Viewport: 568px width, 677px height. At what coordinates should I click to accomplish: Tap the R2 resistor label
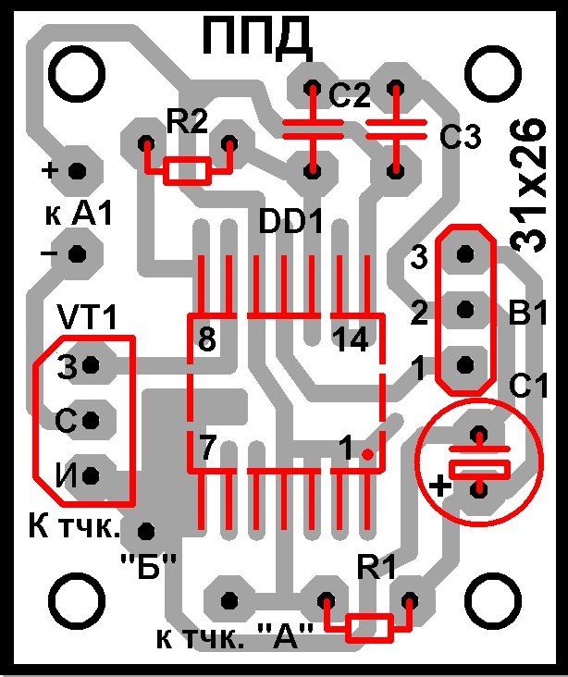tap(188, 121)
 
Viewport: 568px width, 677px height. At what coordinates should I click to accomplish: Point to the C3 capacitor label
tap(460, 139)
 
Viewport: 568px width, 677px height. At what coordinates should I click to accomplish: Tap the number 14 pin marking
tap(352, 341)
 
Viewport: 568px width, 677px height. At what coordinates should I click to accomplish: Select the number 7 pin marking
tap(207, 450)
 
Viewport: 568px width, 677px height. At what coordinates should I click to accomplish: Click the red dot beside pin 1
tap(368, 454)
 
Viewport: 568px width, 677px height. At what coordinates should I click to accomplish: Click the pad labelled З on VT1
tap(91, 367)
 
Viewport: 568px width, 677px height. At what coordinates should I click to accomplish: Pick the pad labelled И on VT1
tap(91, 475)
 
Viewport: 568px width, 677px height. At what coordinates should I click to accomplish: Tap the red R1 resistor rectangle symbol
tap(367, 628)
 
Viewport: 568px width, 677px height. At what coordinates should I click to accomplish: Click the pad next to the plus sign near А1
tap(78, 170)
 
